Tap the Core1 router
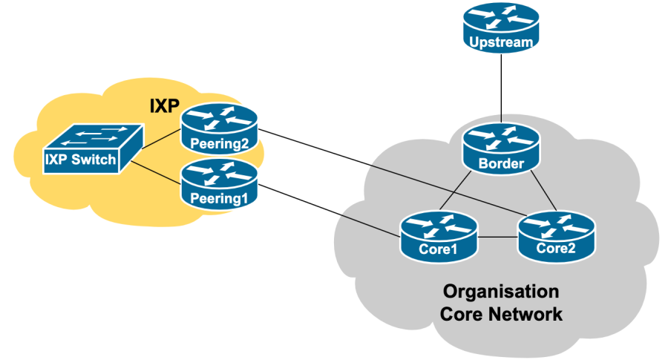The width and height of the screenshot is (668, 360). (437, 235)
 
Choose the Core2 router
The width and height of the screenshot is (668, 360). (556, 235)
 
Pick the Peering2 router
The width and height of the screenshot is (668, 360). (219, 126)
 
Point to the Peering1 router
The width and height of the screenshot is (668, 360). (219, 183)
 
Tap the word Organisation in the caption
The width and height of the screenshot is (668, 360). (501, 290)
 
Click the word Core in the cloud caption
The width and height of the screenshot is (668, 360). (461, 314)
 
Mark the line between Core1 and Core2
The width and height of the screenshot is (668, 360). (497, 238)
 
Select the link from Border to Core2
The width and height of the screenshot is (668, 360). (545, 191)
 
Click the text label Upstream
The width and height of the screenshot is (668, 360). (502, 42)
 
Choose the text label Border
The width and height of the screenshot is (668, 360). (502, 163)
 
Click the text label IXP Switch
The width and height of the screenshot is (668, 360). (81, 160)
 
